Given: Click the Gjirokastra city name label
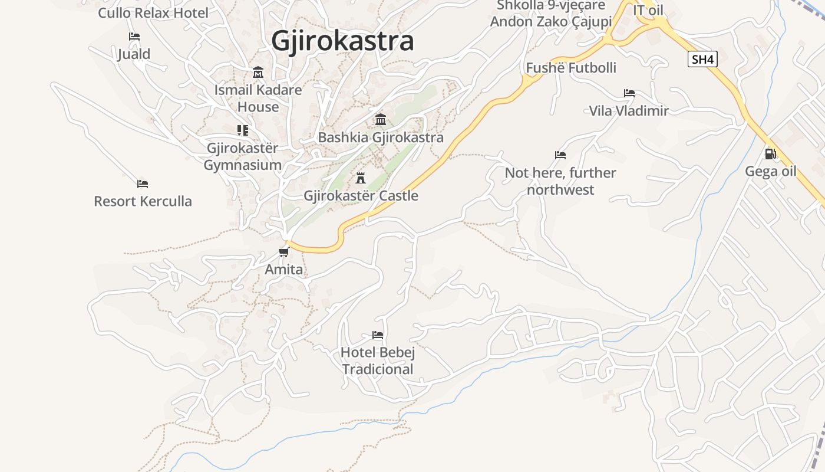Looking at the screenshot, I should tap(342, 41).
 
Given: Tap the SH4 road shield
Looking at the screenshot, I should tap(702, 59).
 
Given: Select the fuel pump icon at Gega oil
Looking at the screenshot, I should tap(770, 154).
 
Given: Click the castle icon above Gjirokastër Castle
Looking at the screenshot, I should tap(361, 178).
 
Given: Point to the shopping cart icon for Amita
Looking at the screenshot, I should tap(284, 253).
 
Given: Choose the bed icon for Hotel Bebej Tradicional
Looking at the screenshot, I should tap(378, 335).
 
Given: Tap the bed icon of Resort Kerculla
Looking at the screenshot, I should tap(142, 183).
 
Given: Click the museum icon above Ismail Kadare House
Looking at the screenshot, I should tap(258, 73).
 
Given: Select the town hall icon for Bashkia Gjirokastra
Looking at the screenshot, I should tap(381, 120).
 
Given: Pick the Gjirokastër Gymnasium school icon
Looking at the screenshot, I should tap(242, 130).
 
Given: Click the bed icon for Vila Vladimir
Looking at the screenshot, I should tap(629, 93).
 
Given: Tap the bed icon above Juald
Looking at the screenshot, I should tap(134, 37).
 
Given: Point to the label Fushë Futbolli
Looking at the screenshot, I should tap(570, 68).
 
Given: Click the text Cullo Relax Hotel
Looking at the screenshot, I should tap(153, 12).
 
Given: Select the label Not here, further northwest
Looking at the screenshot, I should tap(560, 181).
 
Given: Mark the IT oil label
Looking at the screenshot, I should tap(648, 10).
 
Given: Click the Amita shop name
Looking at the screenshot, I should tap(284, 270).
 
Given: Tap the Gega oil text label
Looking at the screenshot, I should tap(770, 171).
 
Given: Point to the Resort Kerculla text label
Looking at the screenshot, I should tap(143, 201).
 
